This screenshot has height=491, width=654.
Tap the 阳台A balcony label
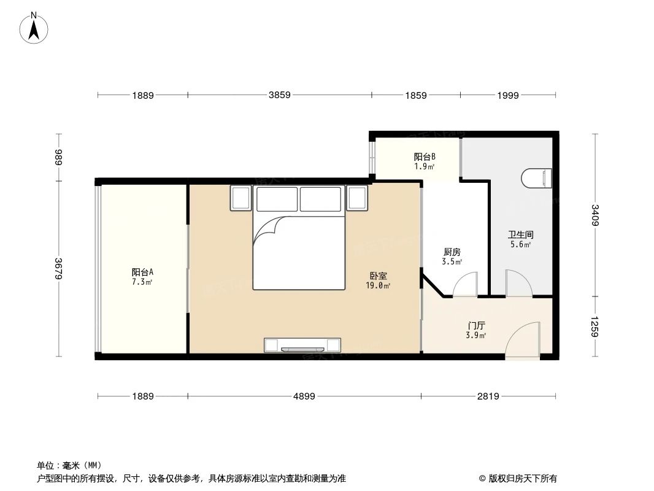[x=142, y=272]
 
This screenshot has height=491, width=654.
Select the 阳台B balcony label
[x=424, y=157]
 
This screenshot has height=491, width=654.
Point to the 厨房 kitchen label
[x=452, y=252]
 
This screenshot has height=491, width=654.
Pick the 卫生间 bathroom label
[x=520, y=234]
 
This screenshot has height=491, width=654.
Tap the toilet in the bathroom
[x=537, y=179]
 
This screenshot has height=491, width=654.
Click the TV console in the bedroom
[x=302, y=345]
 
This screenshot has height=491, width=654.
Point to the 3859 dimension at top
[x=279, y=95]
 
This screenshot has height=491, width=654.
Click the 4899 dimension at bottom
[x=304, y=396]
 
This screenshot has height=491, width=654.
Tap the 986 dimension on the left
[x=60, y=158]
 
